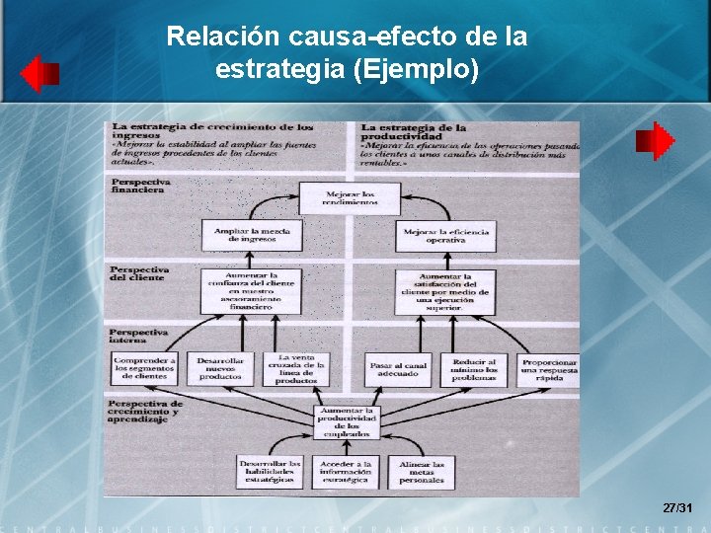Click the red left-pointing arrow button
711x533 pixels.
pyautogui.click(x=39, y=74)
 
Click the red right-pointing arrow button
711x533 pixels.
pyautogui.click(x=655, y=141)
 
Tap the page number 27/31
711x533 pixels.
pyautogui.click(x=677, y=507)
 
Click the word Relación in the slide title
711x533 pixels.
pyautogui.click(x=225, y=37)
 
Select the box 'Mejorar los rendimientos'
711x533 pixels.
pyautogui.click(x=350, y=198)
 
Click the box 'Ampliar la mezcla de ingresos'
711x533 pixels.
pyautogui.click(x=250, y=235)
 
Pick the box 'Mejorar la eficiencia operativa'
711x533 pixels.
pyautogui.click(x=445, y=235)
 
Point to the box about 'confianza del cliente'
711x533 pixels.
pyautogui.click(x=250, y=291)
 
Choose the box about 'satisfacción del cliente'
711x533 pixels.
pyautogui.click(x=445, y=291)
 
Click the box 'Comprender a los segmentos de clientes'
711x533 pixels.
pyautogui.click(x=144, y=368)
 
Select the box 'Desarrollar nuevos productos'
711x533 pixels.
pyautogui.click(x=219, y=368)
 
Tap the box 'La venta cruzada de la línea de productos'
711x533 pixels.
pyautogui.click(x=296, y=368)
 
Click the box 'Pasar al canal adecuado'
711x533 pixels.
pyautogui.click(x=398, y=368)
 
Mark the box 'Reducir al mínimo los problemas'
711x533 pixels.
pyautogui.click(x=475, y=368)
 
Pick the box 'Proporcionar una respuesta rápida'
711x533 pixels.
pyautogui.click(x=550, y=368)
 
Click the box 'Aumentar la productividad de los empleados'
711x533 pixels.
pyautogui.click(x=346, y=421)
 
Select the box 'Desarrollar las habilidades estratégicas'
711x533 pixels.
pyautogui.click(x=270, y=472)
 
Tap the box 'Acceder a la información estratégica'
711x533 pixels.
pyautogui.click(x=346, y=472)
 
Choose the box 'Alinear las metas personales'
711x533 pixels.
pyautogui.click(x=422, y=472)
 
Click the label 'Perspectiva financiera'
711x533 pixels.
pyautogui.click(x=140, y=186)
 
